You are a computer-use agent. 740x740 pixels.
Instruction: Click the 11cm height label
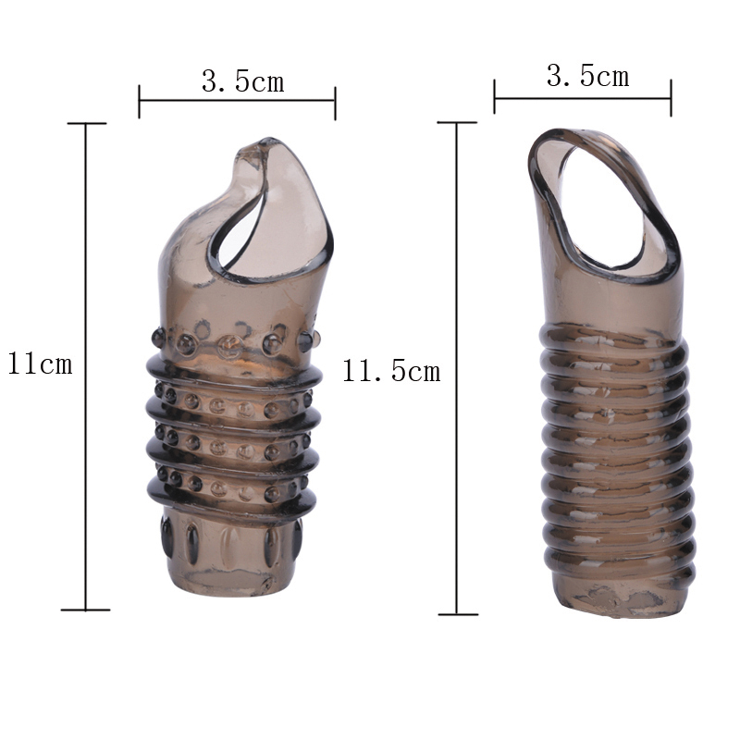pos(40,364)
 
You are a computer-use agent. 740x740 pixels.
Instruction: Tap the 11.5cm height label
pos(391,371)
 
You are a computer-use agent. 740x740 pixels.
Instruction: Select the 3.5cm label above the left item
pos(243,81)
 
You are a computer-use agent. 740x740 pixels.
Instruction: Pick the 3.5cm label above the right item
pos(588,76)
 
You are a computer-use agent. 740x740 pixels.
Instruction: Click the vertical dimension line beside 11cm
pos(85,366)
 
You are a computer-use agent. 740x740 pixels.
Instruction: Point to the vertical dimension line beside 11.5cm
pos(456,368)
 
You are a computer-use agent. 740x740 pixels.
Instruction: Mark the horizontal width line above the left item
pos(237,101)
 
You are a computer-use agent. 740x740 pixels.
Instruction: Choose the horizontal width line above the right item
pos(583,98)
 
